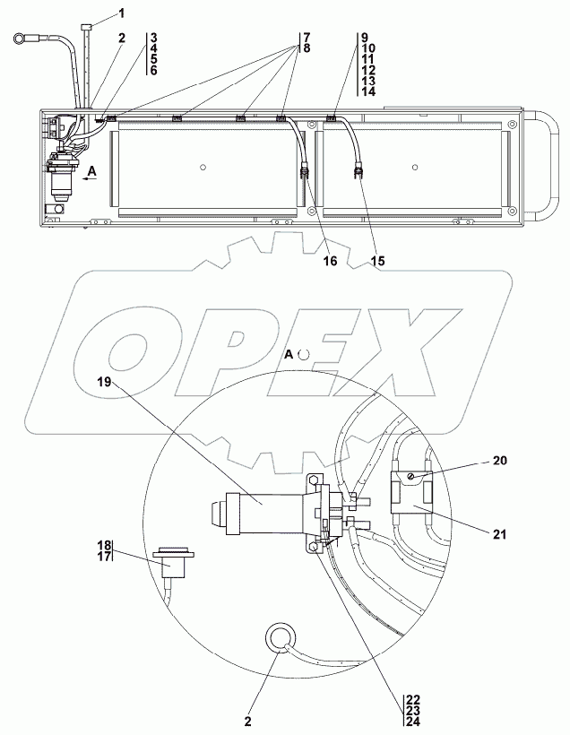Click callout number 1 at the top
[122, 13]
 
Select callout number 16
[331, 261]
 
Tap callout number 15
[377, 261]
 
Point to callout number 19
[104, 382]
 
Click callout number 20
[500, 461]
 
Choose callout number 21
[500, 534]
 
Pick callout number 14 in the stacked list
[368, 91]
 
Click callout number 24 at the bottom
[413, 722]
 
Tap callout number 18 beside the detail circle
[105, 545]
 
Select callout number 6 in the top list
[154, 71]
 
